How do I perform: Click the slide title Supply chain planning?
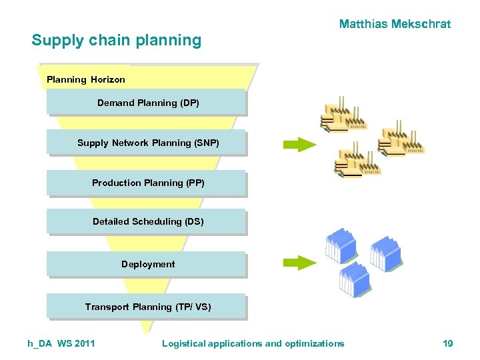pos(116,40)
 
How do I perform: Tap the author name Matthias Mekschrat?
pos(395,25)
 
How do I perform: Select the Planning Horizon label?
pos(86,80)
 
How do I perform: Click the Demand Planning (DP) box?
pos(147,103)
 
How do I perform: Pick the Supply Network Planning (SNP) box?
pos(147,143)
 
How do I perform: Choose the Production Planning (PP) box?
pos(147,183)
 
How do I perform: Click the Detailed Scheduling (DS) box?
pos(147,221)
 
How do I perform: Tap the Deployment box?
pos(147,264)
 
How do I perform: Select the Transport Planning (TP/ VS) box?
pos(147,307)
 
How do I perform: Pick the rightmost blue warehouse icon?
pos(386,252)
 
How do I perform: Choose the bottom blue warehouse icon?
pos(354,279)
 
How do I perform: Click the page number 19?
pos(447,343)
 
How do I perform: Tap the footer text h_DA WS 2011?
pos(61,343)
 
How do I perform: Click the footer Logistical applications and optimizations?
pos(253,343)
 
